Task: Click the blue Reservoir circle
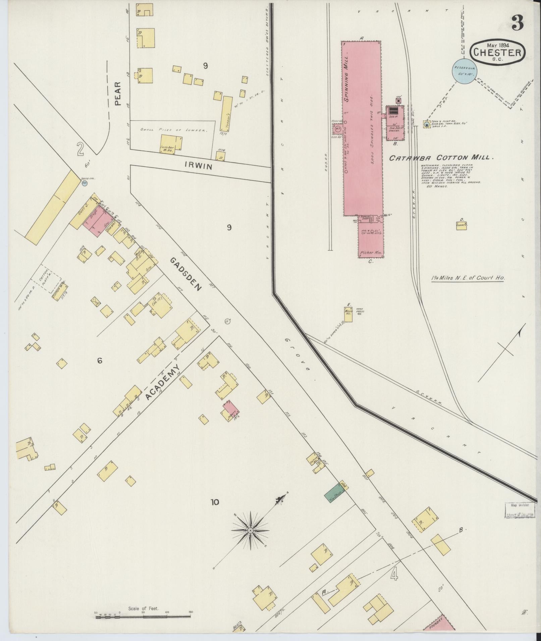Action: (465, 71)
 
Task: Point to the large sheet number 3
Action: (518, 23)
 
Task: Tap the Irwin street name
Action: (198, 165)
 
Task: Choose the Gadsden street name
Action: (186, 274)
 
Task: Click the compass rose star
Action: (250, 531)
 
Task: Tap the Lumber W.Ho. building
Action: (170, 144)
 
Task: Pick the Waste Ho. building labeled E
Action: (348, 314)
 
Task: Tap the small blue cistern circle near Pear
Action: (85, 183)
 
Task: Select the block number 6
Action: (100, 361)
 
